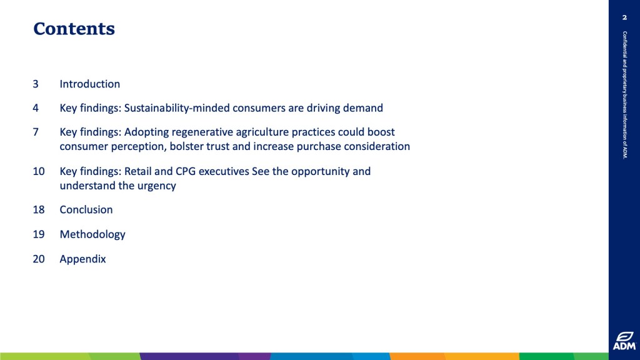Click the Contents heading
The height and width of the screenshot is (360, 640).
tap(74, 29)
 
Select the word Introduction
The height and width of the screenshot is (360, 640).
tap(90, 84)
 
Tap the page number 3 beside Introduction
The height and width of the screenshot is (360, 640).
tap(36, 84)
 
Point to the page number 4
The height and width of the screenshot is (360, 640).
tap(36, 108)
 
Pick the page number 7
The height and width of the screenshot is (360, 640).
tap(36, 132)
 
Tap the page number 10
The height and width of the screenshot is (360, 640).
tap(39, 171)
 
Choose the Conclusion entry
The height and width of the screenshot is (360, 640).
tap(86, 210)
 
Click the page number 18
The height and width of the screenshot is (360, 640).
tap(39, 210)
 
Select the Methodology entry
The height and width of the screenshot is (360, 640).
tap(92, 235)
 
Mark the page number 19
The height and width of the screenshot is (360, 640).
tap(39, 234)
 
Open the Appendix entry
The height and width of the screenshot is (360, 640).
tap(83, 259)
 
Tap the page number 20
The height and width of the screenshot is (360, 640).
tap(39, 259)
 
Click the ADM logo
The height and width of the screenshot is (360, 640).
tap(624, 341)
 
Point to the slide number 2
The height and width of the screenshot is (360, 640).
tap(624, 17)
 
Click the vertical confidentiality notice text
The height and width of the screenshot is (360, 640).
tap(624, 95)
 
